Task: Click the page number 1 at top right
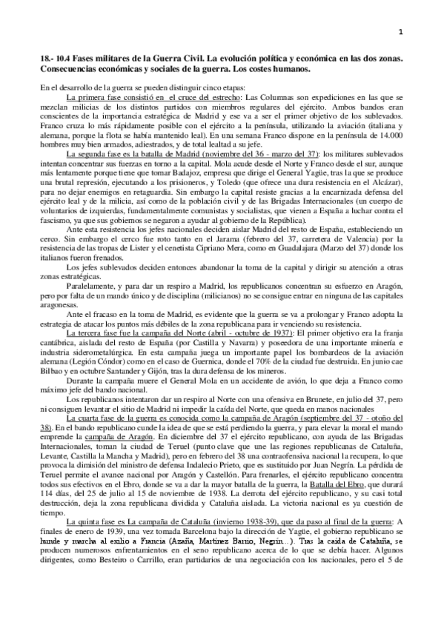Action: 400,30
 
